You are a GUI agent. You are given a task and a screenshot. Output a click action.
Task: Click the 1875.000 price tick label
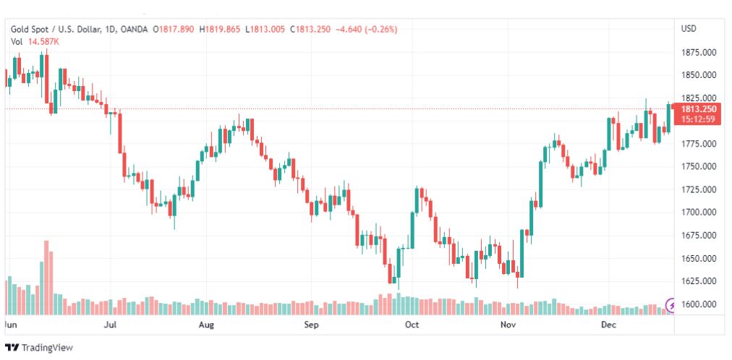click(x=698, y=52)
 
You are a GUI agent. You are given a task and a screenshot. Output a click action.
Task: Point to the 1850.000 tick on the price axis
click(x=698, y=75)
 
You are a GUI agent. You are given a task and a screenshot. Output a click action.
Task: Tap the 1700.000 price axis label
click(x=698, y=213)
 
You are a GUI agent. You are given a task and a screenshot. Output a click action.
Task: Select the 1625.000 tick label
click(x=698, y=281)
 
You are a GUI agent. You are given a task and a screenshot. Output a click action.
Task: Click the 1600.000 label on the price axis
click(x=698, y=304)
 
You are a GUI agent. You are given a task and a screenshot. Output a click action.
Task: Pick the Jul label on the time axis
click(x=111, y=325)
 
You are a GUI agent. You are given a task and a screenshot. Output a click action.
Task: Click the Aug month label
click(x=206, y=325)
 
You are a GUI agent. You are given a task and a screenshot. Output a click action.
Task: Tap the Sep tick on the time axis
click(x=311, y=325)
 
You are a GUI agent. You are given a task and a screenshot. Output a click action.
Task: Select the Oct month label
click(x=412, y=325)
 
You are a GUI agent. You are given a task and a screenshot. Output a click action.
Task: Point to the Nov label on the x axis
click(x=508, y=325)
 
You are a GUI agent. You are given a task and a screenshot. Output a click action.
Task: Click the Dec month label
click(x=608, y=325)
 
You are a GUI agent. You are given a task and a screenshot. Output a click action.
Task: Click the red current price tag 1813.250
click(x=698, y=109)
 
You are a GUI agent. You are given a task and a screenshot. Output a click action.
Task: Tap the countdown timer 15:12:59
click(x=698, y=119)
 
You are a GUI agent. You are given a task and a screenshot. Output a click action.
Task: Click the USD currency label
click(x=689, y=29)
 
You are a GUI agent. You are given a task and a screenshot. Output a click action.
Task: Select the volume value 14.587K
click(x=43, y=42)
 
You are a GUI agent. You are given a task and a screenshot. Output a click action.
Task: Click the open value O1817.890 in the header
click(x=175, y=29)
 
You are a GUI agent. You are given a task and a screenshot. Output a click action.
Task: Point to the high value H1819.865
click(x=223, y=29)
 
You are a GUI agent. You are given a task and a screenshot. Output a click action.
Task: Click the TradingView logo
click(x=39, y=348)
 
